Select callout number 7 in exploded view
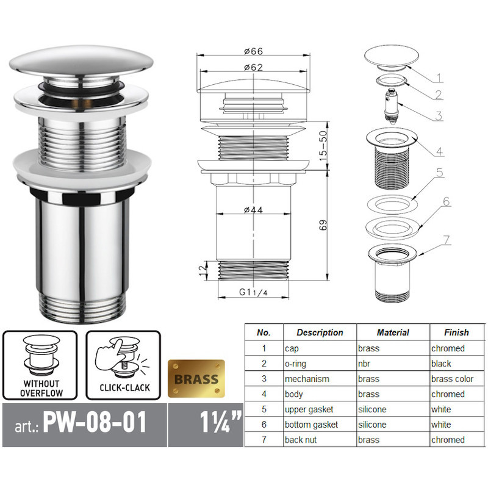click(x=447, y=240)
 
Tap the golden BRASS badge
click(x=196, y=379)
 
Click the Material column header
click(x=392, y=332)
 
